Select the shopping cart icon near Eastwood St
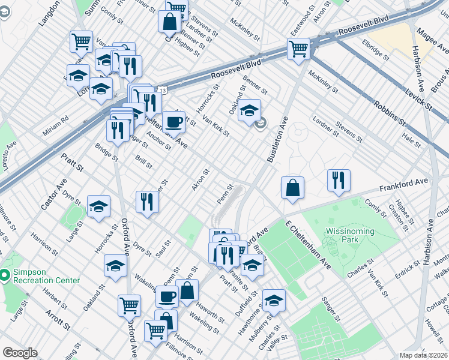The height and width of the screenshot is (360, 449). (298, 49)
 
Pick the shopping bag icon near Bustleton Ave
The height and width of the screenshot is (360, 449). (292, 187)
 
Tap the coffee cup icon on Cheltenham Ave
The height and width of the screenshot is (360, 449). (173, 122)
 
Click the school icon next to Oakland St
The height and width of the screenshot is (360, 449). (250, 112)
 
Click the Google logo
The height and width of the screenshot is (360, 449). (20, 353)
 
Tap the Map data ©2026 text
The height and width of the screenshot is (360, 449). (423, 355)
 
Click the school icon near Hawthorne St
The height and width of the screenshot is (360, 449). (274, 300)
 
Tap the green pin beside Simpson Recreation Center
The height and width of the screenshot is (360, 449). (5, 275)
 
